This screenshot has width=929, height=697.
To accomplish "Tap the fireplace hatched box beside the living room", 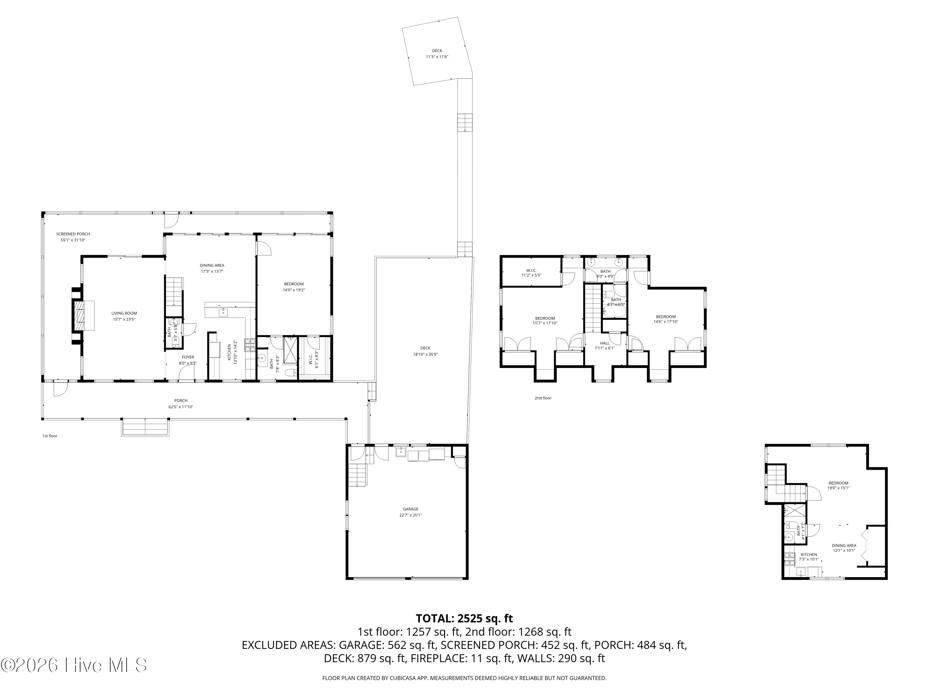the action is pos(79,316).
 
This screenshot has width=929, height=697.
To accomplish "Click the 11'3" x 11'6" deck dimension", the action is pos(437,57).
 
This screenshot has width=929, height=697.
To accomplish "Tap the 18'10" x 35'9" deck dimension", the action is pos(425,354).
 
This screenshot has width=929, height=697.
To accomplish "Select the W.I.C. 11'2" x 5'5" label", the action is pos(531,273).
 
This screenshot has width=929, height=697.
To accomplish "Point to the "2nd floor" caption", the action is pos(543,398).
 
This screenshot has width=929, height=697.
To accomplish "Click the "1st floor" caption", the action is pos(50,436).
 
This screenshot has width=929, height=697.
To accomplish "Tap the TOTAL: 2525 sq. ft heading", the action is pos(464,618).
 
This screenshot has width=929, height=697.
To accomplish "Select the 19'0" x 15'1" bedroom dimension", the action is pos(838,488).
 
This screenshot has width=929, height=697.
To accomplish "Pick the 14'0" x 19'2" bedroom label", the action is pos(294,287).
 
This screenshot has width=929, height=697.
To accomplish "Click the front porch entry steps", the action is pos(145,427).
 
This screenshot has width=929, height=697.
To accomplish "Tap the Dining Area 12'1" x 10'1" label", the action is pos(844,548).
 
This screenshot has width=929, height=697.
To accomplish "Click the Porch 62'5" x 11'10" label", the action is pos(181,404).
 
